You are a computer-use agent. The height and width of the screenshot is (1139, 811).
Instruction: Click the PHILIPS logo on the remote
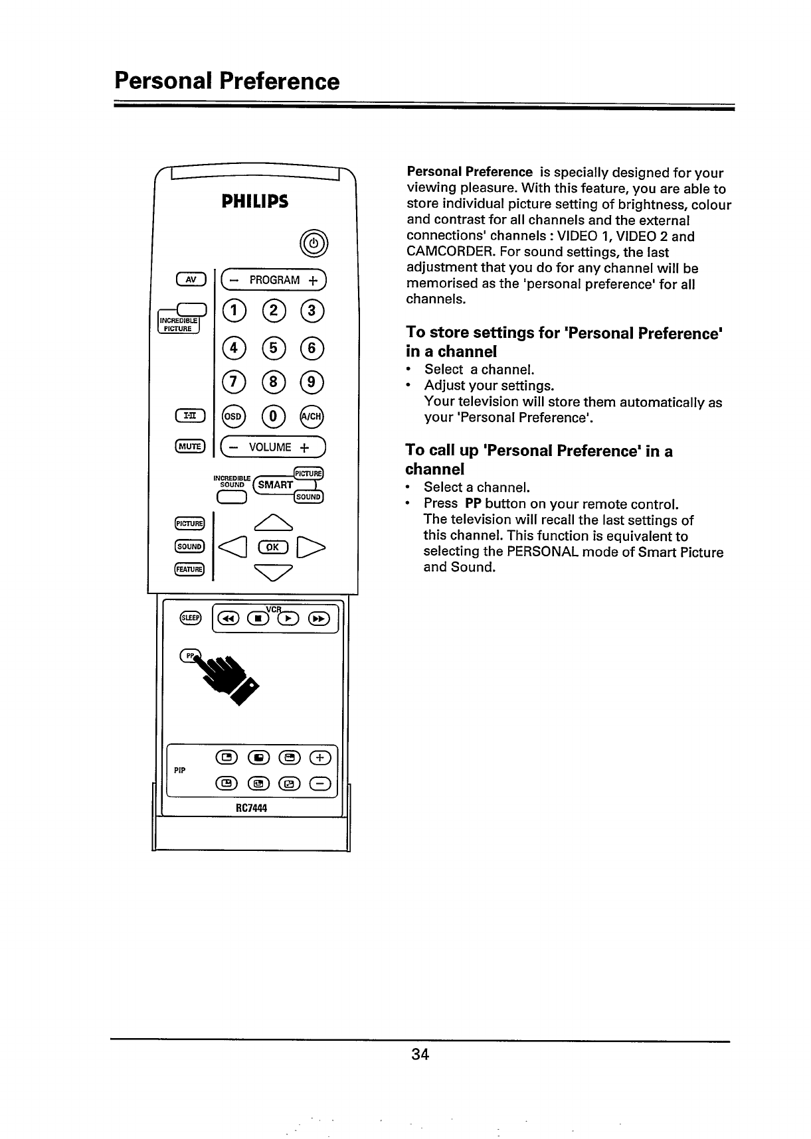coord(255,201)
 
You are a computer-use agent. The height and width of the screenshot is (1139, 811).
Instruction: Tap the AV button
coord(191,279)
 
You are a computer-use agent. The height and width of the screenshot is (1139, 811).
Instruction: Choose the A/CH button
coord(312,416)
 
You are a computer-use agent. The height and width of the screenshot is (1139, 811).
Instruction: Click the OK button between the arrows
coord(274,547)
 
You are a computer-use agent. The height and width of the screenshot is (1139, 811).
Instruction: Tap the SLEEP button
coord(190,618)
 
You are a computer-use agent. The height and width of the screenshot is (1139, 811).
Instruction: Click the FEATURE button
coord(190,569)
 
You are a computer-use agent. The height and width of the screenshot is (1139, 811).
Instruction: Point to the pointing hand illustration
coord(229,677)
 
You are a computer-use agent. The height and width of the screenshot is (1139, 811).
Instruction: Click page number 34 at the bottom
coord(420,1054)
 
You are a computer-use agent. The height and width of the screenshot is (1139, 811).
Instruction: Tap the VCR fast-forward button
coord(319,619)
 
